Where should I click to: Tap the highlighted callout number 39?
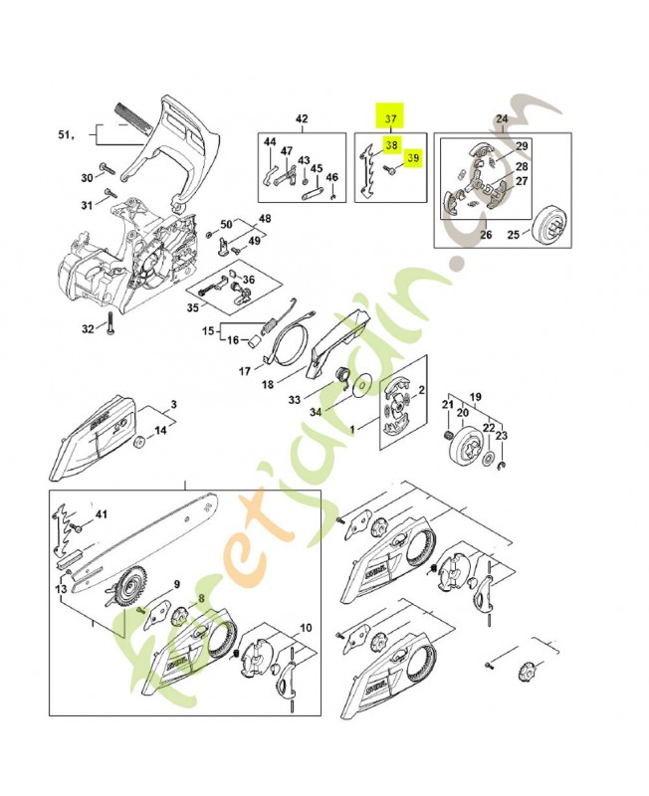[414, 157]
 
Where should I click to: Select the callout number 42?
[302, 119]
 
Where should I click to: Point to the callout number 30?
[87, 178]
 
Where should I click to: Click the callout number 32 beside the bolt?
[88, 328]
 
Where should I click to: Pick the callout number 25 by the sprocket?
[515, 235]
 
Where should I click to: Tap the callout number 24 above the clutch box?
[502, 119]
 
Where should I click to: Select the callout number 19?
[476, 395]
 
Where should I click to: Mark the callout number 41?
[100, 514]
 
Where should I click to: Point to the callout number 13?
[61, 590]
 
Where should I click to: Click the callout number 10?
[305, 628]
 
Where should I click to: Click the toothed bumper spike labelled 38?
[369, 164]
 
